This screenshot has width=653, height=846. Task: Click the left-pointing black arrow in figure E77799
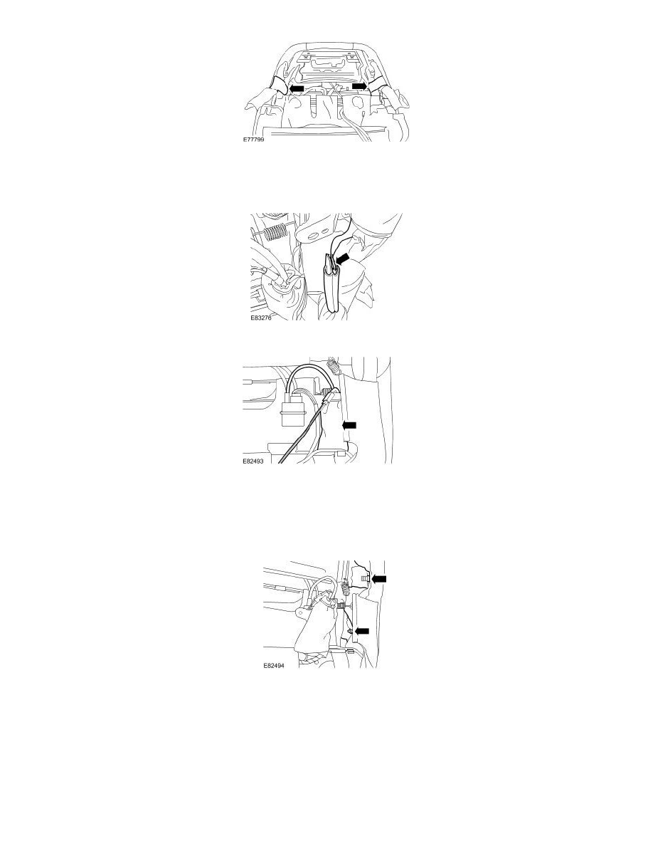pyautogui.click(x=296, y=88)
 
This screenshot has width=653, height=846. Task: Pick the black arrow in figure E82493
pyautogui.click(x=349, y=425)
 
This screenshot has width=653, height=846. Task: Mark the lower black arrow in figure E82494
pyautogui.click(x=363, y=630)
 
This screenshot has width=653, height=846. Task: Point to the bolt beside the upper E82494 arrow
pyautogui.click(x=364, y=580)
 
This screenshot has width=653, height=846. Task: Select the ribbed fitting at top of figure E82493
pyautogui.click(x=331, y=368)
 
